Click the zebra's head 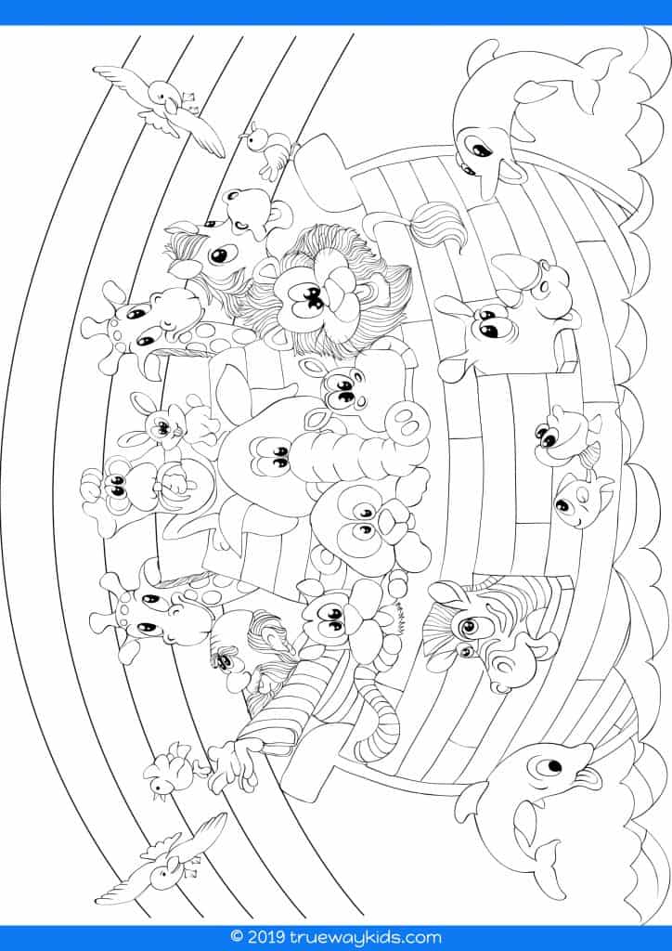[x=485, y=631]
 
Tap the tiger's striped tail [x=379, y=716]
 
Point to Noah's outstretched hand [x=231, y=765]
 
